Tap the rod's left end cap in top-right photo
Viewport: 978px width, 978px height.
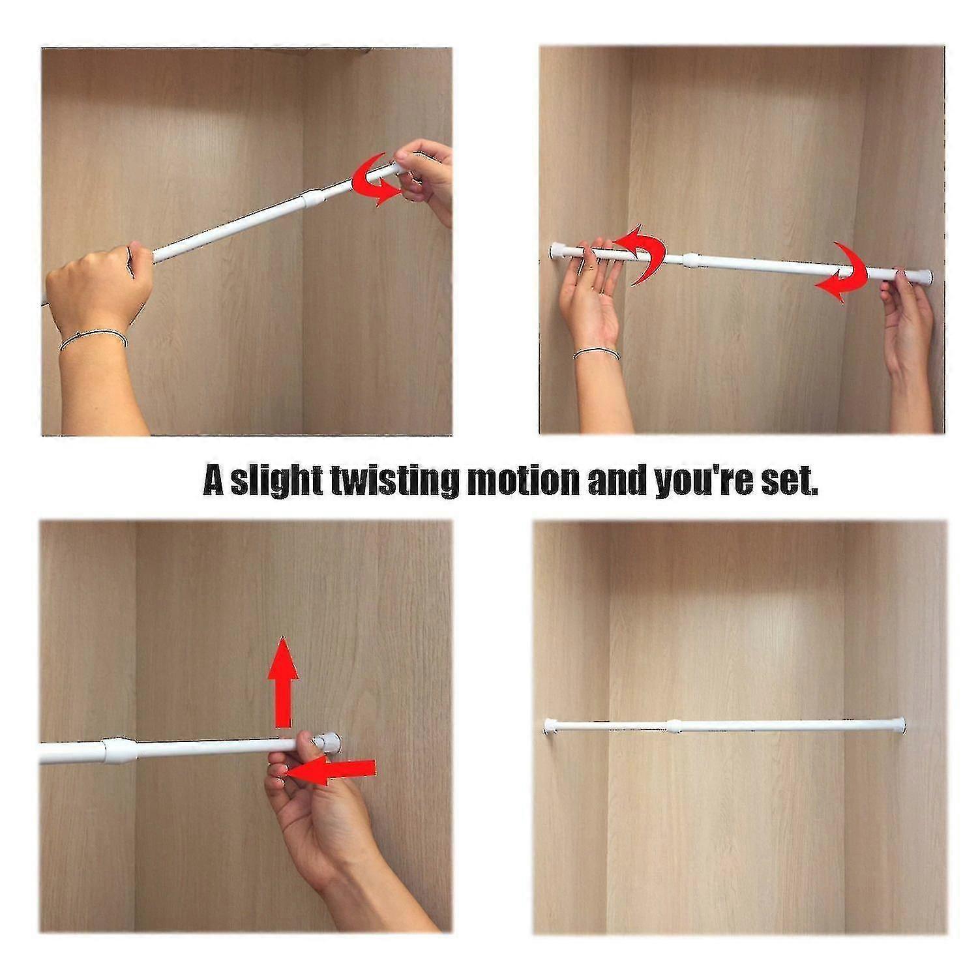click(557, 250)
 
